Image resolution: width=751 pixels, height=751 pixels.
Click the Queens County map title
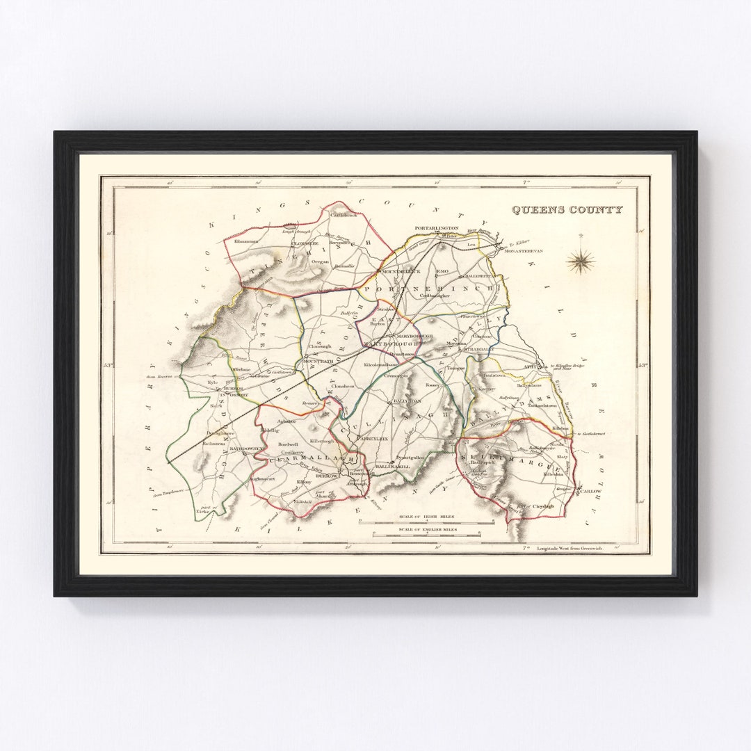tap(567, 209)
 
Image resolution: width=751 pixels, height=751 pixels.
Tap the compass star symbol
tap(581, 262)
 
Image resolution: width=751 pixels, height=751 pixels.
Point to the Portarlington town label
tap(437, 228)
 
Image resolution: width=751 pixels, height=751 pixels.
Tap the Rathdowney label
tap(248, 449)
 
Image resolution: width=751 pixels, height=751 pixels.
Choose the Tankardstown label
tap(542, 405)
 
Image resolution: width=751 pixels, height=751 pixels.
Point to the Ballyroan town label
tap(407, 402)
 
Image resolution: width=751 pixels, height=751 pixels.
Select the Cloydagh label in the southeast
tap(543, 506)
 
